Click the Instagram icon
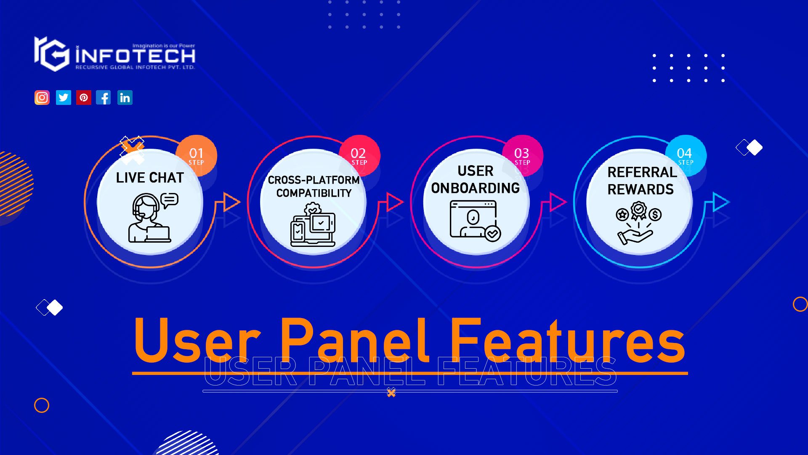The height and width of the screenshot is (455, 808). click(x=42, y=98)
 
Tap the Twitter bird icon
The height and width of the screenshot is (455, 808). click(x=64, y=98)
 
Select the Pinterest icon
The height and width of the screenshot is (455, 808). click(x=84, y=98)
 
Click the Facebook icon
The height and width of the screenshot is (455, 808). click(x=104, y=98)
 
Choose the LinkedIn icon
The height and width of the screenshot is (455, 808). click(x=125, y=98)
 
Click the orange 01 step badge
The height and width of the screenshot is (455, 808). click(x=197, y=155)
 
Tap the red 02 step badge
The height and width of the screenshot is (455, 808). click(x=359, y=155)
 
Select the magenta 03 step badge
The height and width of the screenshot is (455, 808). click(x=522, y=155)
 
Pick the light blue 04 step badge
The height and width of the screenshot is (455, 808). click(x=685, y=155)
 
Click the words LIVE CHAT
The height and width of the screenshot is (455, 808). click(x=150, y=178)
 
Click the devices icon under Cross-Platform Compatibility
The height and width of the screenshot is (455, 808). click(x=313, y=225)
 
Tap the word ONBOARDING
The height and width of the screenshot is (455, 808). click(x=475, y=188)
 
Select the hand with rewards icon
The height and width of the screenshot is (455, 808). click(x=638, y=223)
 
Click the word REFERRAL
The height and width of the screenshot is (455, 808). click(x=642, y=172)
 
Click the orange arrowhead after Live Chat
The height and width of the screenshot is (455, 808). click(x=231, y=202)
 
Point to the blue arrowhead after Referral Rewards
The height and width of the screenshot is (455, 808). click(x=720, y=202)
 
